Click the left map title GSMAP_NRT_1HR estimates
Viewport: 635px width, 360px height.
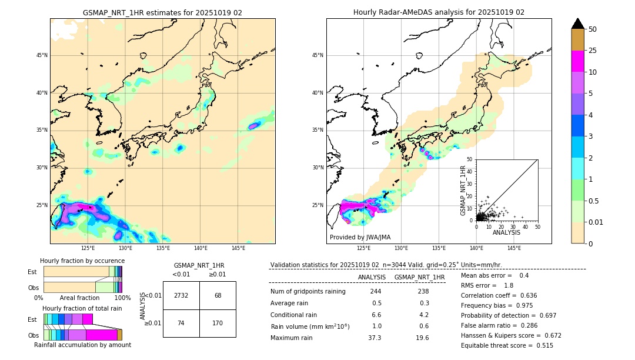pyautogui.click(x=162, y=12)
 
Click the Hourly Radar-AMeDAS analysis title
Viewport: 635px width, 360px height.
pyautogui.click(x=439, y=12)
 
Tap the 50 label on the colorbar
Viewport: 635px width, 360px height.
pyautogui.click(x=593, y=29)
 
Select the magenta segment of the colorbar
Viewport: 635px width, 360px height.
pyautogui.click(x=578, y=61)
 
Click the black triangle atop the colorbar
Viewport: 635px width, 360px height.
pyautogui.click(x=578, y=23)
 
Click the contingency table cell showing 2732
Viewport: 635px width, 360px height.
pyautogui.click(x=181, y=295)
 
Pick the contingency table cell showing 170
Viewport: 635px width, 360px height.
pyautogui.click(x=218, y=323)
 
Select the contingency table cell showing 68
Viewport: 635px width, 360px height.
pyautogui.click(x=218, y=295)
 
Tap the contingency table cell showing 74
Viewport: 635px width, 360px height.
pyautogui.click(x=181, y=323)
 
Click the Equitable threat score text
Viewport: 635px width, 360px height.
pyautogui.click(x=507, y=345)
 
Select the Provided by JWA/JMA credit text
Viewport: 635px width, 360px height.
pyautogui.click(x=360, y=237)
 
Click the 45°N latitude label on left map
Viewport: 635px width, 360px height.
pyautogui.click(x=42, y=55)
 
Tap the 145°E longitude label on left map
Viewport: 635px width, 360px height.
pyautogui.click(x=238, y=248)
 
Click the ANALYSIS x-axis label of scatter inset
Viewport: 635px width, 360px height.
pyautogui.click(x=506, y=232)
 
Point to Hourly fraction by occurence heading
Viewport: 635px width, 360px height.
pyautogui.click(x=82, y=261)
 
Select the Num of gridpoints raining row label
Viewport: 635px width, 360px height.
pyautogui.click(x=308, y=292)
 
